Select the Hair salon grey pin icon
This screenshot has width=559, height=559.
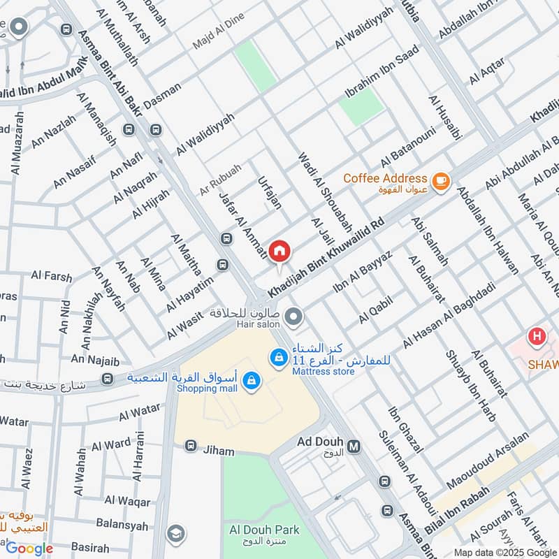tap(294, 317)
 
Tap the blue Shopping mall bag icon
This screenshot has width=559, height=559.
tap(252, 381)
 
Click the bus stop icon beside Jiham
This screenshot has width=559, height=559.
tap(189, 445)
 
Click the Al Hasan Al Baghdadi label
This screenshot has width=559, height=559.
tap(448, 317)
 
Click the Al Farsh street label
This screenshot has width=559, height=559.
tap(51, 277)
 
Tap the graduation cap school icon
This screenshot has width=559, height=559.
tap(175, 532)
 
